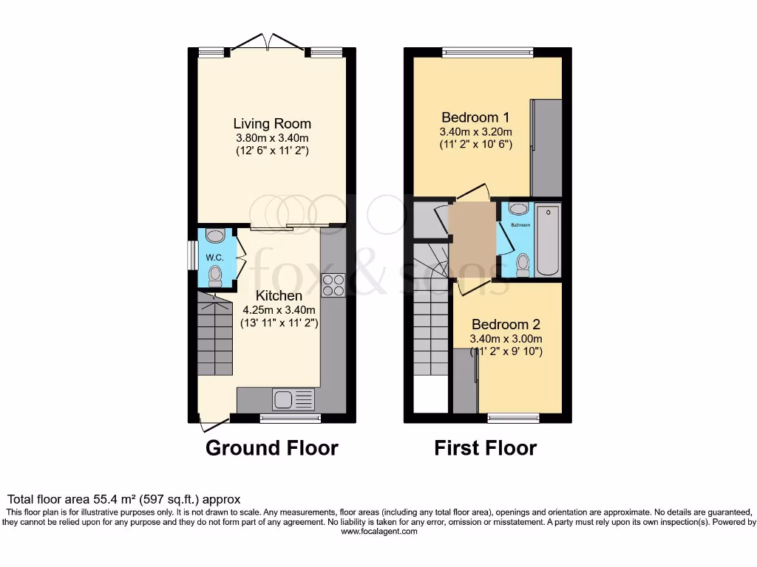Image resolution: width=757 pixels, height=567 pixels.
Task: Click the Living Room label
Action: (x=272, y=123)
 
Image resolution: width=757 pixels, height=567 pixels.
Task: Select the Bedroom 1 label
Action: (x=475, y=117)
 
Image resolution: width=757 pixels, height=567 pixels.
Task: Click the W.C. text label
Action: (x=214, y=257)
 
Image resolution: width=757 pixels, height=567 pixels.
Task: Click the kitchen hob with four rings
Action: (x=333, y=284)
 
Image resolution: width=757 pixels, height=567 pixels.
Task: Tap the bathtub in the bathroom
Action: (x=548, y=239)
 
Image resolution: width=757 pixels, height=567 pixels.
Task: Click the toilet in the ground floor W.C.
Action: (x=215, y=276)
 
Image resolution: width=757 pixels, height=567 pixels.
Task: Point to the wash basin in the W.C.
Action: (x=214, y=236)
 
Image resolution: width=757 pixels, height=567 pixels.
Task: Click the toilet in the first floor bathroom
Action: (x=523, y=264)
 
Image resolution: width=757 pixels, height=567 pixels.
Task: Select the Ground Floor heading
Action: (x=271, y=448)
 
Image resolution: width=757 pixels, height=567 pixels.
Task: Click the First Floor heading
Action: (x=485, y=448)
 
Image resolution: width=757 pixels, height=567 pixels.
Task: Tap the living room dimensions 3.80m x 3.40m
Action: (x=272, y=137)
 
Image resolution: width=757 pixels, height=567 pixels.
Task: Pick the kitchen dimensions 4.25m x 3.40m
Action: (x=279, y=309)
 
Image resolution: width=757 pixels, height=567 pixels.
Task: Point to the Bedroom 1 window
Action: (x=487, y=52)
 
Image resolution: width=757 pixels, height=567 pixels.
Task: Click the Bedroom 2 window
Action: (x=513, y=419)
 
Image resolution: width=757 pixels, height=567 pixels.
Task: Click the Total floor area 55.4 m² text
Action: (x=123, y=500)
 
